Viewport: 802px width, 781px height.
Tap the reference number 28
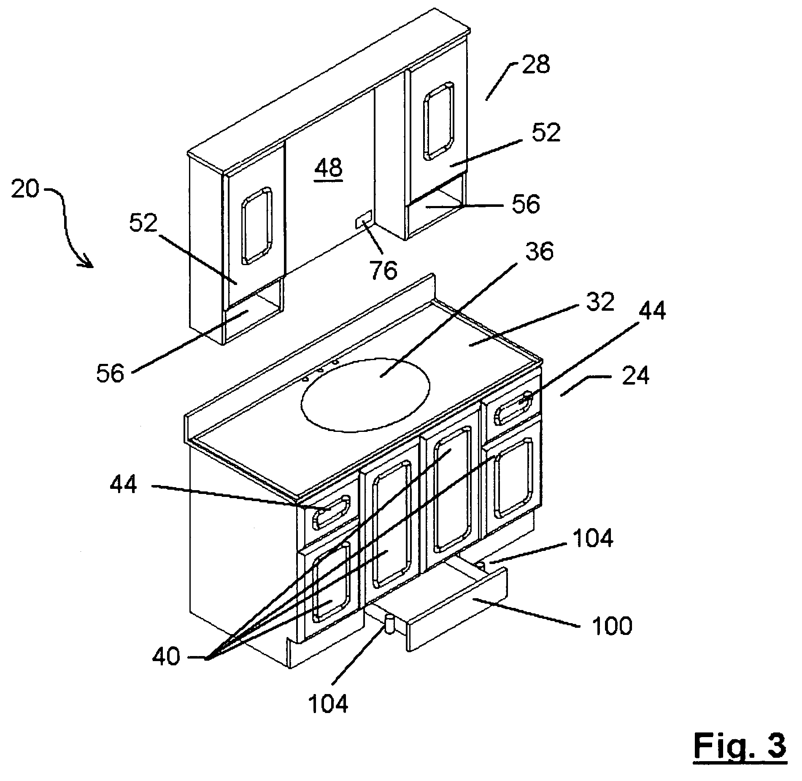click(535, 65)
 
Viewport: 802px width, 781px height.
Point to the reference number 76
click(383, 271)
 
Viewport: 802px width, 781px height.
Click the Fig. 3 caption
click(740, 746)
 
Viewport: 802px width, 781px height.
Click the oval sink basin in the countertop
click(366, 395)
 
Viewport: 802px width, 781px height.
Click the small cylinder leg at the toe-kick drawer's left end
click(389, 625)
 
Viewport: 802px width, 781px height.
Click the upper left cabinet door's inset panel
click(256, 226)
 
